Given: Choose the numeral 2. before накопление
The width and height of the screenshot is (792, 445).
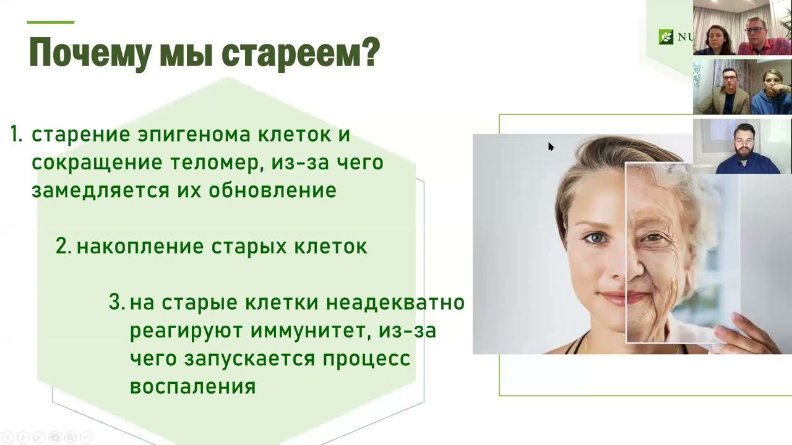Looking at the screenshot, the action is pyautogui.click(x=64, y=246).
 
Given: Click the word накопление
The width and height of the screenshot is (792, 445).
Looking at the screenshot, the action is pyautogui.click(x=140, y=247).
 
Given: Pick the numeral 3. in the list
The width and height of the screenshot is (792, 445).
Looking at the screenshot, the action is pyautogui.click(x=117, y=302).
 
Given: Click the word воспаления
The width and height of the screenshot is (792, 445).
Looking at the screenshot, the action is pyautogui.click(x=192, y=387).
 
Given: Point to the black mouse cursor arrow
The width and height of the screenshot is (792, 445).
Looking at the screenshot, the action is pyautogui.click(x=551, y=147).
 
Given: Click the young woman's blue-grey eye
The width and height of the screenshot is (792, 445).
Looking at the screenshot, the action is pyautogui.click(x=598, y=239).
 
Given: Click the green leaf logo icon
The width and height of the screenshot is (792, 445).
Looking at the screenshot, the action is pyautogui.click(x=666, y=36).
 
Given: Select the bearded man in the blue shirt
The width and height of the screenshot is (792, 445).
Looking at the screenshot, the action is pyautogui.click(x=746, y=150).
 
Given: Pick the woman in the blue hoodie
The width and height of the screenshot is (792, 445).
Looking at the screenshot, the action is pyautogui.click(x=771, y=93).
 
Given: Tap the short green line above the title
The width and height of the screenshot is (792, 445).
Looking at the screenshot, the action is pyautogui.click(x=51, y=22).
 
